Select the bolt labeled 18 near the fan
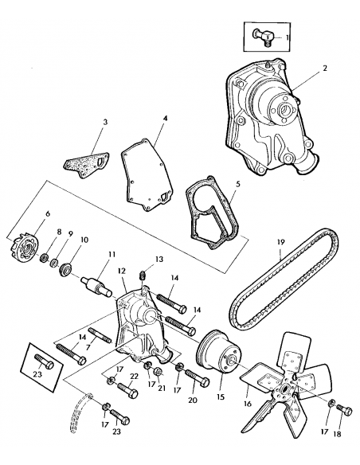pos(342,409)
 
